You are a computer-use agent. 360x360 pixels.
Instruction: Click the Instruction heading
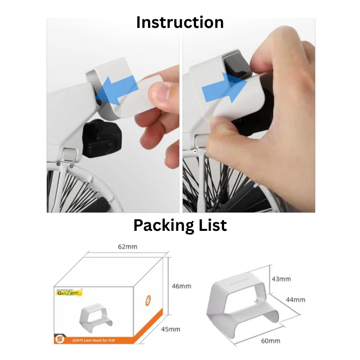coord(180,22)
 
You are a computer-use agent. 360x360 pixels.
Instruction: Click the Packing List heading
coord(180,225)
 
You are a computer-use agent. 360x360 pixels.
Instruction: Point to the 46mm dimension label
coord(182,286)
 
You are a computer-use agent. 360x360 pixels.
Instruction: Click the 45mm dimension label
coord(171,329)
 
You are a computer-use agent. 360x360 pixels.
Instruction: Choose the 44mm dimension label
coord(296,300)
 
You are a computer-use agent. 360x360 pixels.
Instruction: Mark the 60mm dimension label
coord(270,341)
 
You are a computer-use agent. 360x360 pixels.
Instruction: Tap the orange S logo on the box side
coord(148,300)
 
